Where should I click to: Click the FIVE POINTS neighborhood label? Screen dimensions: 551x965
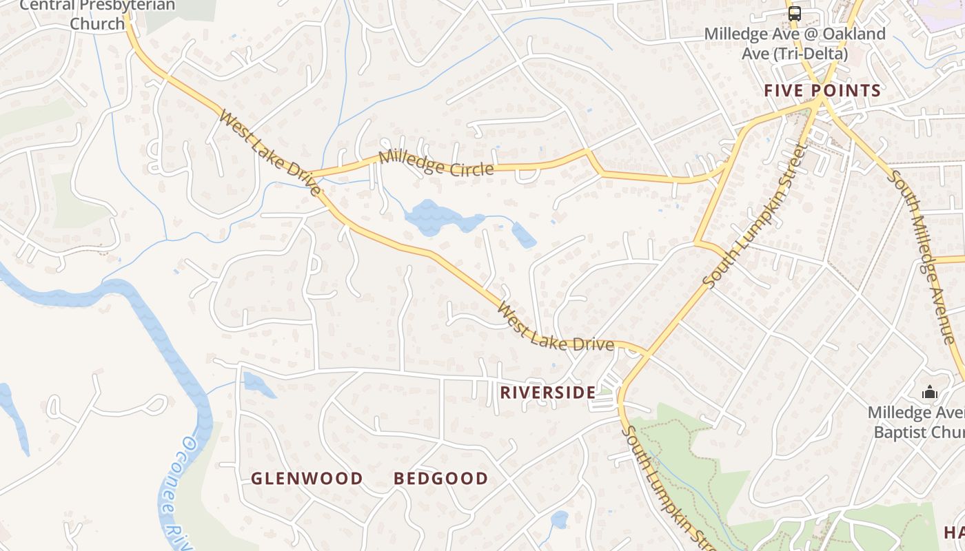tap(822, 90)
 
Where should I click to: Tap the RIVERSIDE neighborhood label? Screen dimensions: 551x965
tap(547, 393)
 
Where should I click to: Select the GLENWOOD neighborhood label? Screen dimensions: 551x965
tap(307, 478)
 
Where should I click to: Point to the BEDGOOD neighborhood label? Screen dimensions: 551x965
tap(440, 478)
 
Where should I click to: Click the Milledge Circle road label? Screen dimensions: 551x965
tap(436, 163)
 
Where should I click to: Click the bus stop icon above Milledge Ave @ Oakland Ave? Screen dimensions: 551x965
tap(795, 13)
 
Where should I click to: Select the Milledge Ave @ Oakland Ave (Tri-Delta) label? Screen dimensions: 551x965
tap(795, 43)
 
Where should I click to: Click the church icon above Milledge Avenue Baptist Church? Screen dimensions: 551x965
tap(930, 393)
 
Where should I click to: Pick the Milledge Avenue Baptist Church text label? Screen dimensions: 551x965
tap(917, 422)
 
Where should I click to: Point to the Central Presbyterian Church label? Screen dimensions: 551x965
tap(97, 14)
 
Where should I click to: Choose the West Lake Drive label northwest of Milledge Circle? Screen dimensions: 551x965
tap(270, 152)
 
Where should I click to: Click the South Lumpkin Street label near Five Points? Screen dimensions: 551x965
tap(755, 215)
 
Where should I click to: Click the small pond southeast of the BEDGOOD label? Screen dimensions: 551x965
tap(560, 519)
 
